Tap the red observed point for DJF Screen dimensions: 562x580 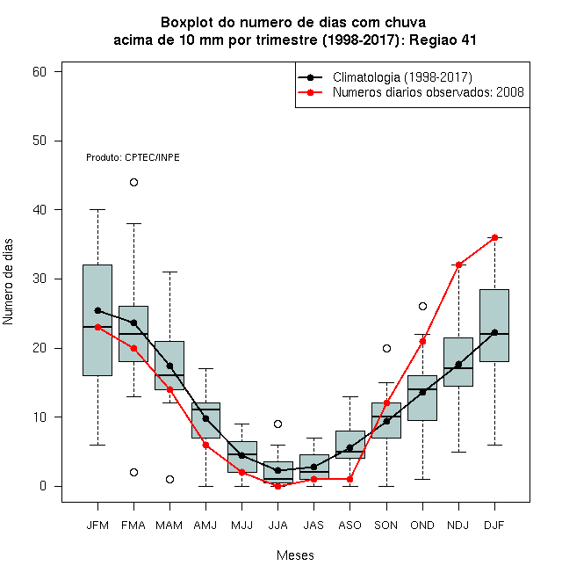pos(494,237)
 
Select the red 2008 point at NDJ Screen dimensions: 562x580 pos(459,265)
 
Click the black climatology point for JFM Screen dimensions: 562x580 pos(98,310)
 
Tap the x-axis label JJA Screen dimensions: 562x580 pos(277,526)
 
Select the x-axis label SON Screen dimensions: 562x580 pos(385,526)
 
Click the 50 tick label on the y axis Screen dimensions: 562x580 pos(40,141)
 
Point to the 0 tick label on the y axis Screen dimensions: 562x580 pos(43,486)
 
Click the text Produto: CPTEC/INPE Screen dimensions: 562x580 pos(133,157)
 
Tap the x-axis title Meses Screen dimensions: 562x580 pos(295,555)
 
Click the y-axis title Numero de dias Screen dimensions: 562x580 pos(8,282)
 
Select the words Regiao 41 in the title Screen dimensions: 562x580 pos(443,40)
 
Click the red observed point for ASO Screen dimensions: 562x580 pos(349,480)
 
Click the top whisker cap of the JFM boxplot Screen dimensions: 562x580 pos(98,209)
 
